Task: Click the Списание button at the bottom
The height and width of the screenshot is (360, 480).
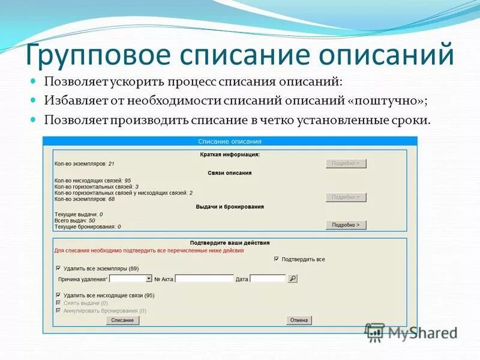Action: point(122,320)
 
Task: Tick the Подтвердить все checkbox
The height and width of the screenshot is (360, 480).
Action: point(277,259)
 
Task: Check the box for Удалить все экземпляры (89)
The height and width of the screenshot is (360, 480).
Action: point(58,268)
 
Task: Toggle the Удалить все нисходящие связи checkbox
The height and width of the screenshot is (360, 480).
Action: point(58,295)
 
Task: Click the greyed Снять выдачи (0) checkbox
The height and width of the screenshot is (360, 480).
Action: point(58,303)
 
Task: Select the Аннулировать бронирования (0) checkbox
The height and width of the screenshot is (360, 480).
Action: point(58,311)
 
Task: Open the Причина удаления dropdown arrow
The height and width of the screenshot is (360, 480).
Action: point(149,278)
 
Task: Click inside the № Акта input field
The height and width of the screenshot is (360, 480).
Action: point(204,278)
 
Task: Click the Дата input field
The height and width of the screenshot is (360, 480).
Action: point(268,278)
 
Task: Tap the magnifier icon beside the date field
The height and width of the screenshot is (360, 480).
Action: point(292,278)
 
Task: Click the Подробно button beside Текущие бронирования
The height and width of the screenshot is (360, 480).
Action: point(346,225)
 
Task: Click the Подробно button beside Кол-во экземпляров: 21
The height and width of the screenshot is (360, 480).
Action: point(346,163)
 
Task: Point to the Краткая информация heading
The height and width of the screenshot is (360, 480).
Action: point(230,154)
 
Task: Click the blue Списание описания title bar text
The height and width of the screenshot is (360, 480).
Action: point(230,142)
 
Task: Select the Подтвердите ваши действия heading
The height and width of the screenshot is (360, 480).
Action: point(230,243)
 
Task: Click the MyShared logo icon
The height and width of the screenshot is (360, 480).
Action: point(376,332)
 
